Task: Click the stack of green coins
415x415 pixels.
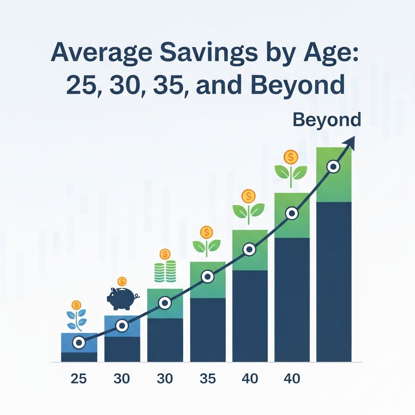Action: tap(165, 272)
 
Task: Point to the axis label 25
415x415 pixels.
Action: tap(79, 379)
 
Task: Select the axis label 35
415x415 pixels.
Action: tap(208, 379)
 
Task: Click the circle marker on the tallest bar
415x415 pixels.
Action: tap(333, 167)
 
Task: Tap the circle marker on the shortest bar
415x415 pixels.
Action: tap(79, 343)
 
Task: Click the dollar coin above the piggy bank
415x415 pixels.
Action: tap(122, 281)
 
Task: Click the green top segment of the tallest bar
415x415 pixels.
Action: tap(334, 182)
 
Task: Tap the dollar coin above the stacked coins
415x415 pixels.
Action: tap(165, 255)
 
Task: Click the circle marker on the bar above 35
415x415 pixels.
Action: tap(208, 276)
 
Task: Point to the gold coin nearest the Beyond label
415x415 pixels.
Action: tap(291, 156)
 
